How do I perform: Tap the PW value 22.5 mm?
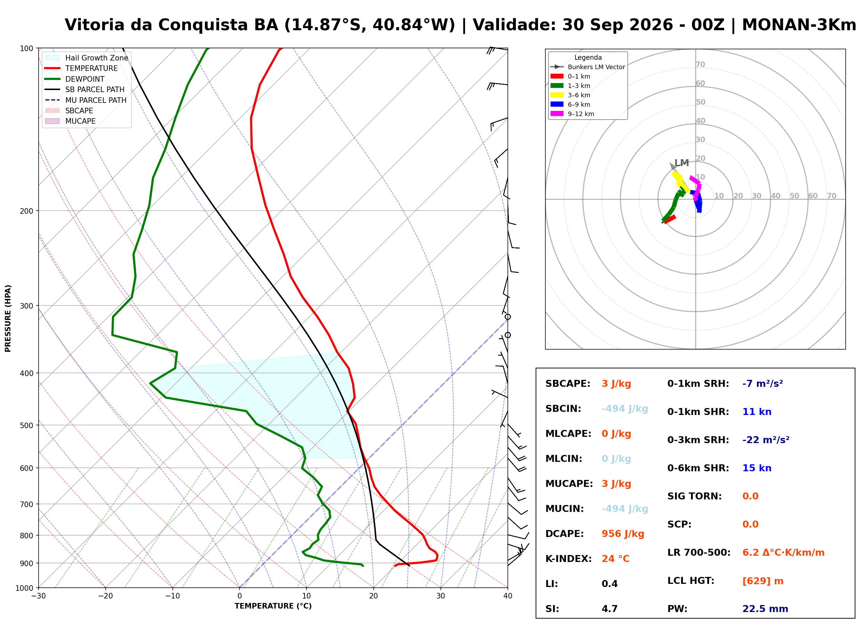(x=765, y=609)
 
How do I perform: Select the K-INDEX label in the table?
(x=568, y=558)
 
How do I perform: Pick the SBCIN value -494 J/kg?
(x=625, y=408)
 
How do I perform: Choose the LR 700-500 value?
(x=783, y=553)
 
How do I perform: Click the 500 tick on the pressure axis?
(x=26, y=425)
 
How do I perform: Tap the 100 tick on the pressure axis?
(x=26, y=49)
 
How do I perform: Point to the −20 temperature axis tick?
(x=105, y=596)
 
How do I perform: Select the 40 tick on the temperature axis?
(x=507, y=596)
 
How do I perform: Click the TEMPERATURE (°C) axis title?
(x=273, y=606)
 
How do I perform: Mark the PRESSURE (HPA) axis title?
(x=8, y=318)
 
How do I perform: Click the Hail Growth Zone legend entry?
(x=86, y=58)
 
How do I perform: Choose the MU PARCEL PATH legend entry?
(x=86, y=100)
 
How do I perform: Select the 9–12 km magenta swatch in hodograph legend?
(x=557, y=114)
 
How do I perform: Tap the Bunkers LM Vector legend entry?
(x=587, y=67)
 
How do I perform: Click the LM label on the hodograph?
(x=682, y=163)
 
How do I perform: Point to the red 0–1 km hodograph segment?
(x=670, y=219)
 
